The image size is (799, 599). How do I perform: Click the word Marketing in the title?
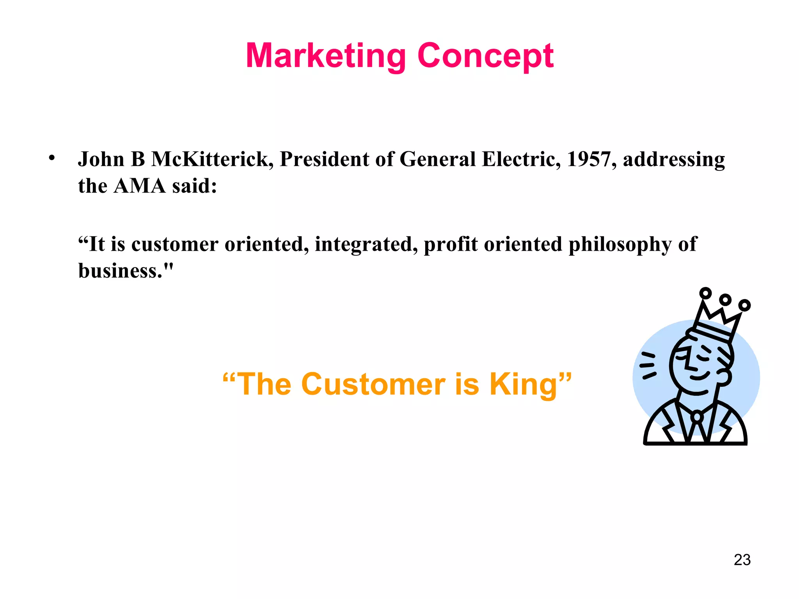point(326,57)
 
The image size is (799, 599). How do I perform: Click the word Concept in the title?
point(485,57)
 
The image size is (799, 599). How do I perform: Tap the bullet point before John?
point(51,158)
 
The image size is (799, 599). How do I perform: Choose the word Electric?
point(521,159)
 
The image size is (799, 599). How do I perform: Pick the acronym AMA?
point(139,186)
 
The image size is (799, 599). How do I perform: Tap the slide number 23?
point(742,560)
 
